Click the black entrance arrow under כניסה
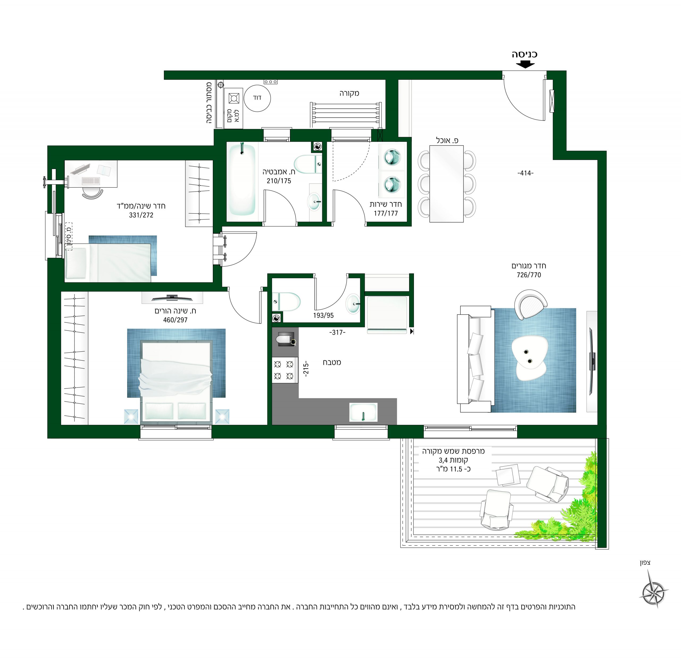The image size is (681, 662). point(525,64)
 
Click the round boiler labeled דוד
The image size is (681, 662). point(257,98)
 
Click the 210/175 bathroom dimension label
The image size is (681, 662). point(279,181)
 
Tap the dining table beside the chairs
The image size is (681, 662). point(446,184)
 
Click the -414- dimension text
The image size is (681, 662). point(525,173)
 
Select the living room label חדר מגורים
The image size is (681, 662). point(529,266)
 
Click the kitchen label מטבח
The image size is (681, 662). point(332,362)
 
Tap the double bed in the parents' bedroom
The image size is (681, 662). point(176,381)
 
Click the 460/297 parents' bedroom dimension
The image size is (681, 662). point(175,320)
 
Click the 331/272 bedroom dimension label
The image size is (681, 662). point(141,215)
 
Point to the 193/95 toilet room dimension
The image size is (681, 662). point(323,315)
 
